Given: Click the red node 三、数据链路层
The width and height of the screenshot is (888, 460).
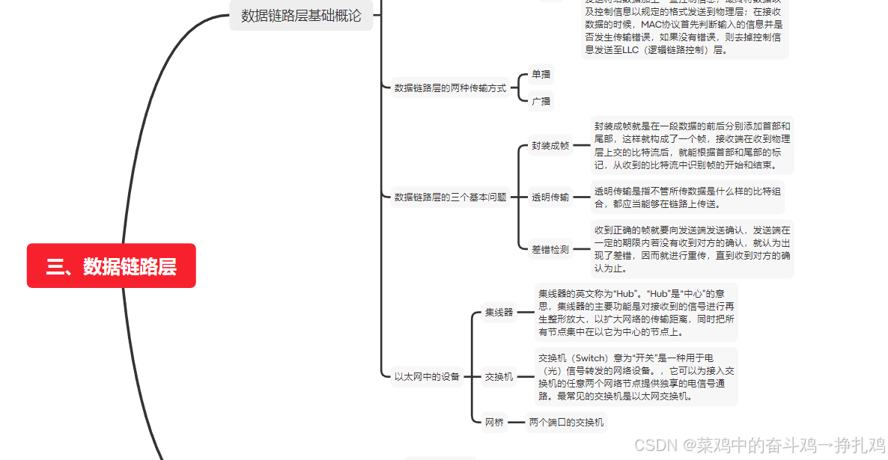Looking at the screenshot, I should click(111, 266).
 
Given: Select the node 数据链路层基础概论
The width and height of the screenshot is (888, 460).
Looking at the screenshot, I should click(301, 15).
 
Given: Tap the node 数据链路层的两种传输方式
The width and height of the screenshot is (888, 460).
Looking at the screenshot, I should click(450, 88).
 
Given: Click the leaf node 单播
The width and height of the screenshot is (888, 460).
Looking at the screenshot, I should click(541, 74).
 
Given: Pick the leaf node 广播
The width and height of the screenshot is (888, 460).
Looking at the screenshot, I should click(541, 101).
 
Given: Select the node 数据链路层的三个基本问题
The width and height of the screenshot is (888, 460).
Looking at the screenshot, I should click(450, 197).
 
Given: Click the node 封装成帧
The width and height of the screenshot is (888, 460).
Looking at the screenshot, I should click(550, 146).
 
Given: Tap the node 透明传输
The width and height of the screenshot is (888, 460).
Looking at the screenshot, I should click(550, 197).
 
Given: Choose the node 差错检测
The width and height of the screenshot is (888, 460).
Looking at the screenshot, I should click(550, 250).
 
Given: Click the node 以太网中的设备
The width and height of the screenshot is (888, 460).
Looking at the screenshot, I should click(427, 377).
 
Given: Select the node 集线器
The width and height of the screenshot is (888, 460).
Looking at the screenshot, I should click(499, 313).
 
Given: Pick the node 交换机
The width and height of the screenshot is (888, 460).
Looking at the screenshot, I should click(499, 377).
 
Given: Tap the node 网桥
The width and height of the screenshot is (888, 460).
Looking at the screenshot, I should click(494, 423).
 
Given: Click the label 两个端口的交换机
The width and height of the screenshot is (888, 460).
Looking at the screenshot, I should click(566, 423).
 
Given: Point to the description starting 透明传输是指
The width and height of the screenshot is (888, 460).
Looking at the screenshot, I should click(688, 197).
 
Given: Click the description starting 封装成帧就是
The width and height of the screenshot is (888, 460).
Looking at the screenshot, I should click(692, 146).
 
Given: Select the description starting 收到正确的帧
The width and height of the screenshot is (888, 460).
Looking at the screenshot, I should click(692, 249).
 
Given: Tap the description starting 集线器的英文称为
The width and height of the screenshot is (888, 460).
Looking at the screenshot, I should click(637, 313).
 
